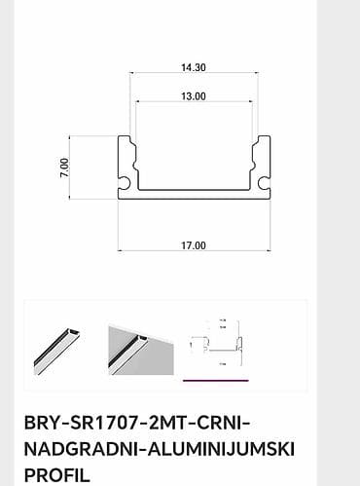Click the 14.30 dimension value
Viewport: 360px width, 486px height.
click(193, 68)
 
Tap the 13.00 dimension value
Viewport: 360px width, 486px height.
click(193, 96)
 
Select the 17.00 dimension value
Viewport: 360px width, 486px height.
click(193, 245)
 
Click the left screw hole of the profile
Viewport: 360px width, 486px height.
click(126, 182)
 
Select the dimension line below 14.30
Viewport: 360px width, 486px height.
click(193, 77)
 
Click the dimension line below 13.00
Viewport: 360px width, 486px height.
click(193, 104)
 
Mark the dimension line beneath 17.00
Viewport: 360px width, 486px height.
click(193, 253)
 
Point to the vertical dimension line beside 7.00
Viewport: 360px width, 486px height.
click(75, 167)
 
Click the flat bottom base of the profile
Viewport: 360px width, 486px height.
click(193, 194)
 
